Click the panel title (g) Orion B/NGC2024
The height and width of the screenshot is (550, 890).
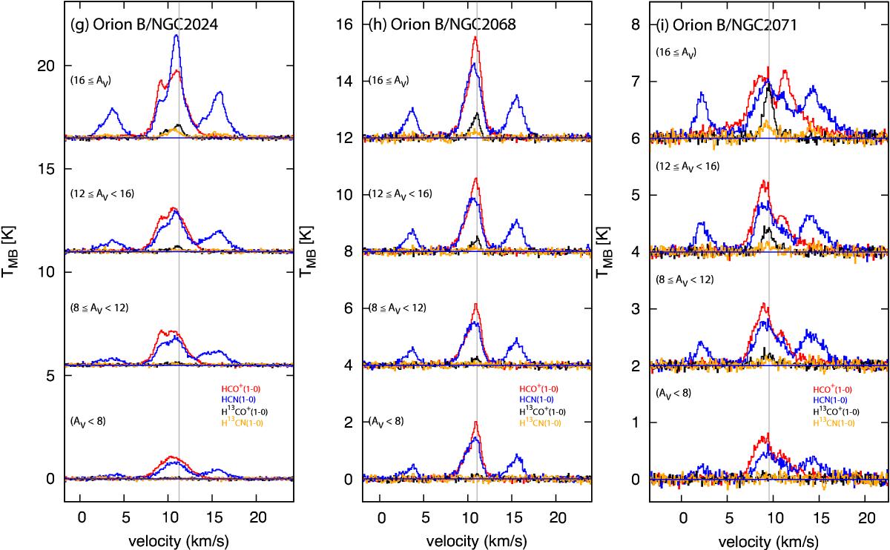139,23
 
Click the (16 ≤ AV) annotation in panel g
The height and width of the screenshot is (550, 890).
94,80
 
